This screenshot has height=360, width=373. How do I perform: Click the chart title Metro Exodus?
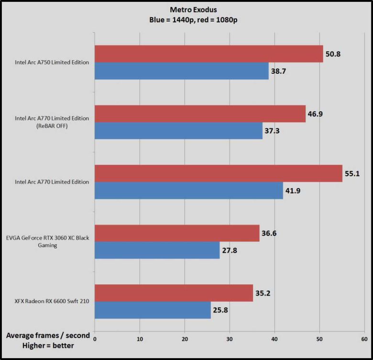[186, 9]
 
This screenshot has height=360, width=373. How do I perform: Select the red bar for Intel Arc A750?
[209, 54]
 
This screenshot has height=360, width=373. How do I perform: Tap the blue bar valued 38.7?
[182, 70]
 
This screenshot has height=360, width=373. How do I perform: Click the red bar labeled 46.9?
[200, 113]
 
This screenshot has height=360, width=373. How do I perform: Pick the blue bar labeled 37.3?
[178, 130]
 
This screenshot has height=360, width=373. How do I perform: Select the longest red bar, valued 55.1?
[219, 173]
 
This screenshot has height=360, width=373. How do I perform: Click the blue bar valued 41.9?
[189, 190]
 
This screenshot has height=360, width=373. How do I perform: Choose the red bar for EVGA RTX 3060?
[177, 233]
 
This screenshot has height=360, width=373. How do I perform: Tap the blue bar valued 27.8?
[157, 250]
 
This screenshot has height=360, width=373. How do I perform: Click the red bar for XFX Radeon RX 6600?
[174, 293]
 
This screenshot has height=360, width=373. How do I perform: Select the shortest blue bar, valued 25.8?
[153, 310]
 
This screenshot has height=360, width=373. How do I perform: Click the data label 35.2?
[263, 293]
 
